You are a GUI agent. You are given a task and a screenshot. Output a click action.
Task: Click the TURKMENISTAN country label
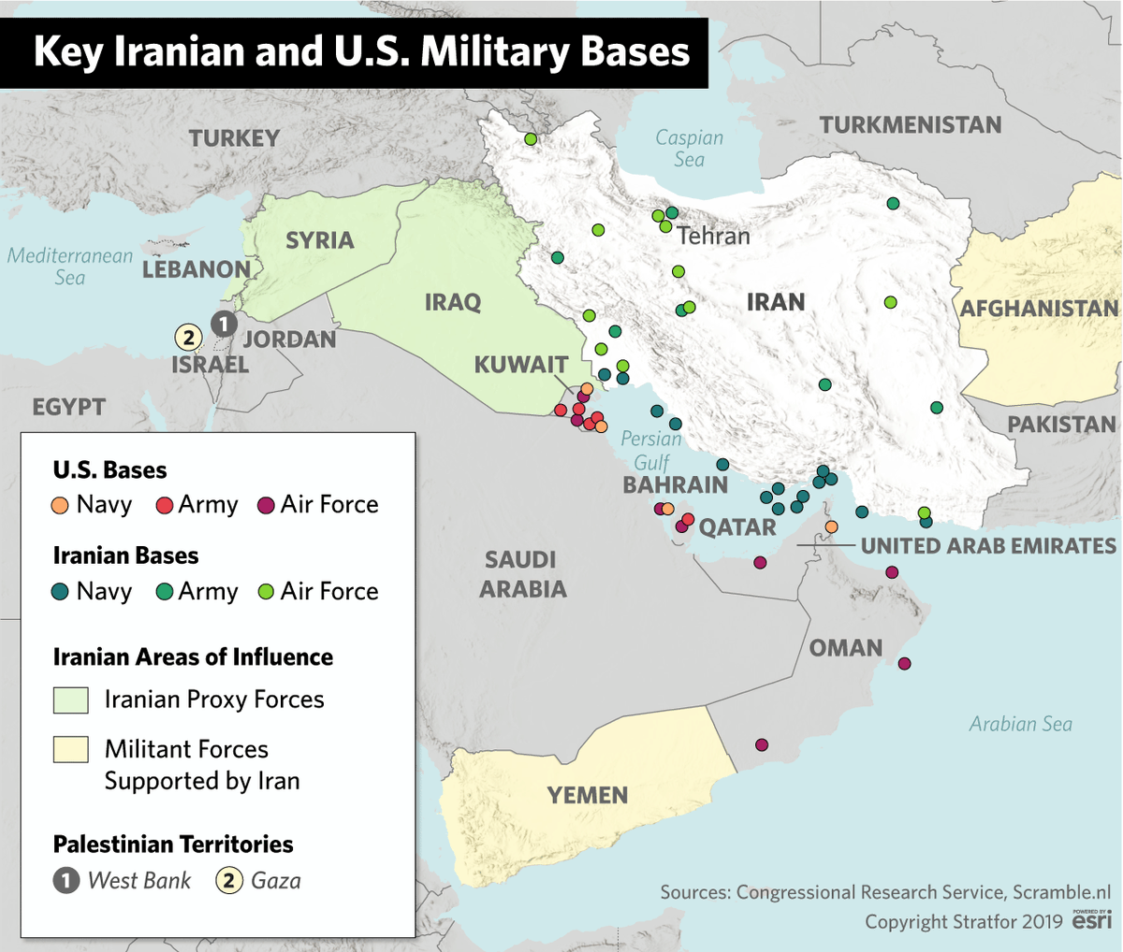click(x=910, y=125)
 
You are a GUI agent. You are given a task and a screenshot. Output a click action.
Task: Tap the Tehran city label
click(x=713, y=236)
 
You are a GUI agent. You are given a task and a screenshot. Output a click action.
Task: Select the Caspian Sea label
click(x=689, y=149)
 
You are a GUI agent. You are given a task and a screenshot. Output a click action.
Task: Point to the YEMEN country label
click(x=587, y=796)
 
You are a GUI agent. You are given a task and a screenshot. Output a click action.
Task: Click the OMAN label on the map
click(x=846, y=648)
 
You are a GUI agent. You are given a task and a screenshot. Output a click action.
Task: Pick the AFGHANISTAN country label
click(x=1039, y=309)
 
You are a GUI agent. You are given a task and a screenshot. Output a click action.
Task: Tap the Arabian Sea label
click(x=1020, y=724)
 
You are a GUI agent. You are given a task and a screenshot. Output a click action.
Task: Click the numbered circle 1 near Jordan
click(x=224, y=325)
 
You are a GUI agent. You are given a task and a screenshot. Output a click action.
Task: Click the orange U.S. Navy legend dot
click(x=61, y=505)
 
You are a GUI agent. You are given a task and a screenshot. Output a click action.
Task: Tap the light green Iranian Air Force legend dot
click(x=266, y=592)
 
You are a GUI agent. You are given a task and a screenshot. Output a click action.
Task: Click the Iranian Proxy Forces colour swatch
click(x=71, y=700)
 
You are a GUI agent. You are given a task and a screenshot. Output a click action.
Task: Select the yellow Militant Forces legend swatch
click(x=71, y=750)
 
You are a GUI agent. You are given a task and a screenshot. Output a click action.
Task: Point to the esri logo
click(x=1091, y=920)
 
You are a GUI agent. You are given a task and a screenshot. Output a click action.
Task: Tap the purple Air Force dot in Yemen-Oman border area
click(x=762, y=745)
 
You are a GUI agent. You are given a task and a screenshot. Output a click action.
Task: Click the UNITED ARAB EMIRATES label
click(x=988, y=546)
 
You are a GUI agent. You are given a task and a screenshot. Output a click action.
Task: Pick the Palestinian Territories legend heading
click(x=173, y=844)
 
